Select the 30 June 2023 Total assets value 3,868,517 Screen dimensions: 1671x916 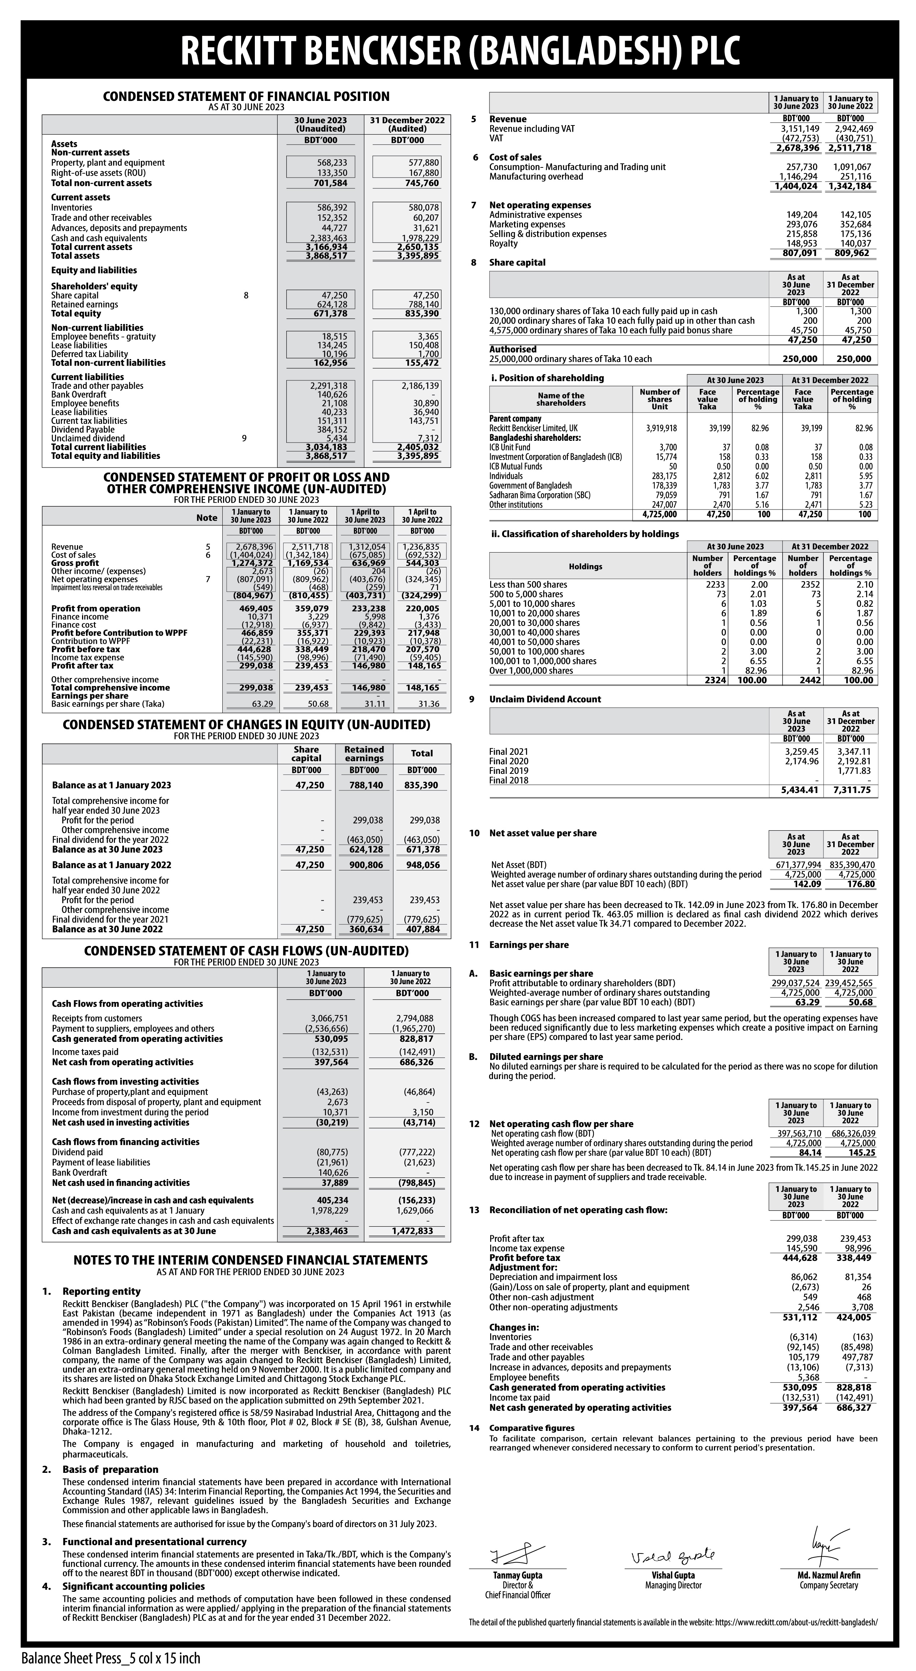point(326,256)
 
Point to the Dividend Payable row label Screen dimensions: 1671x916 point(83,430)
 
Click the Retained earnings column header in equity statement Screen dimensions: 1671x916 point(364,754)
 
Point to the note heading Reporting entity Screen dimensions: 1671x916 point(101,1292)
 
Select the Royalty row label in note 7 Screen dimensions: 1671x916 point(504,243)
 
